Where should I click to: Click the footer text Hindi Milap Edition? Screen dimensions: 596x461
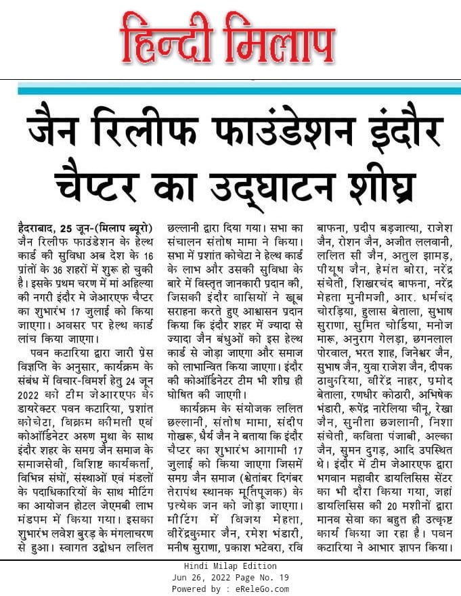(x=230, y=566)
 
